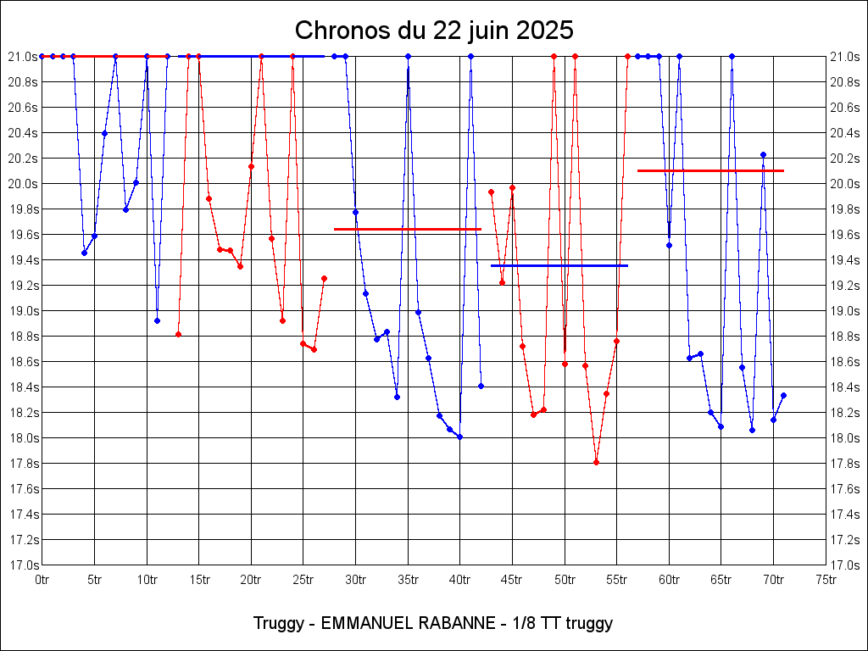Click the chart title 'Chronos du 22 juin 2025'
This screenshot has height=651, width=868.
pos(434,31)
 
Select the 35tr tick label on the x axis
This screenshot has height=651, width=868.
pos(408,580)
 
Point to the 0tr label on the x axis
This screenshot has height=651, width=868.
pos(42,580)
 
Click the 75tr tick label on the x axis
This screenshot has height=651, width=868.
pos(826,580)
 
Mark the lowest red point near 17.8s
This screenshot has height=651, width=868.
pos(596,462)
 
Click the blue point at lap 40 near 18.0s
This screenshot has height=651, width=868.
pos(459,437)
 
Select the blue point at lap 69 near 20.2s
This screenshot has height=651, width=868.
pos(763,154)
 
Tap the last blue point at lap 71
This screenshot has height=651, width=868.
pos(783,395)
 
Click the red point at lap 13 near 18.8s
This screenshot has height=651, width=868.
pos(178,334)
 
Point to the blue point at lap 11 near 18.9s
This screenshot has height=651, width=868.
pos(157,320)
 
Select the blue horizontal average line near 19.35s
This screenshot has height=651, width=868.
pos(559,265)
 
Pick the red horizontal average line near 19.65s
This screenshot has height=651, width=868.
pos(408,229)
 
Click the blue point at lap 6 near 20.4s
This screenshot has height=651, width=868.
pos(104,133)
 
